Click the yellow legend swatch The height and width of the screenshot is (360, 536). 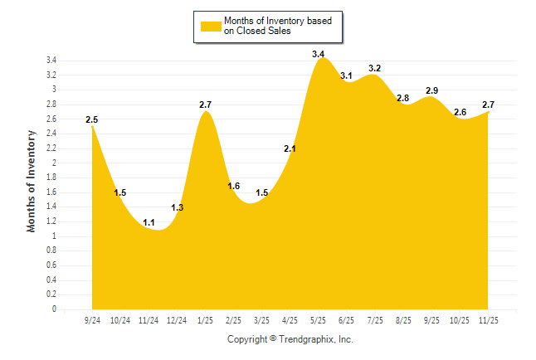pos(210,26)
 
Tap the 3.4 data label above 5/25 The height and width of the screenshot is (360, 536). pos(319,54)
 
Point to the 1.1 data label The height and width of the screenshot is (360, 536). pos(149,222)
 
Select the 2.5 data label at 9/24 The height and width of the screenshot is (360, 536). pos(91,120)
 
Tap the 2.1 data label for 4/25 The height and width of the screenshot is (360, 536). pos(290,148)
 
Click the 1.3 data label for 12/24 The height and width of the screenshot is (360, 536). pos(177,207)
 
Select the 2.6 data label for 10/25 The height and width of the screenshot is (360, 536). pos(460,112)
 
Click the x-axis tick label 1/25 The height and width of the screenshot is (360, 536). pos(205,320)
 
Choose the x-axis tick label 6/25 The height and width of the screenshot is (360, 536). pos(347,320)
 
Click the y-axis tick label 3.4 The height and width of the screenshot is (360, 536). pos(51,61)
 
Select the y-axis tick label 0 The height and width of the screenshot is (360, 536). pos(54,309)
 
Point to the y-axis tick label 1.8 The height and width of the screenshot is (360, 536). pos(51,178)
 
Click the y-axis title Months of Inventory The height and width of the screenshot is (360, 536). pos(32,181)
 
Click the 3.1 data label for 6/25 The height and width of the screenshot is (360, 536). pos(347,75)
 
